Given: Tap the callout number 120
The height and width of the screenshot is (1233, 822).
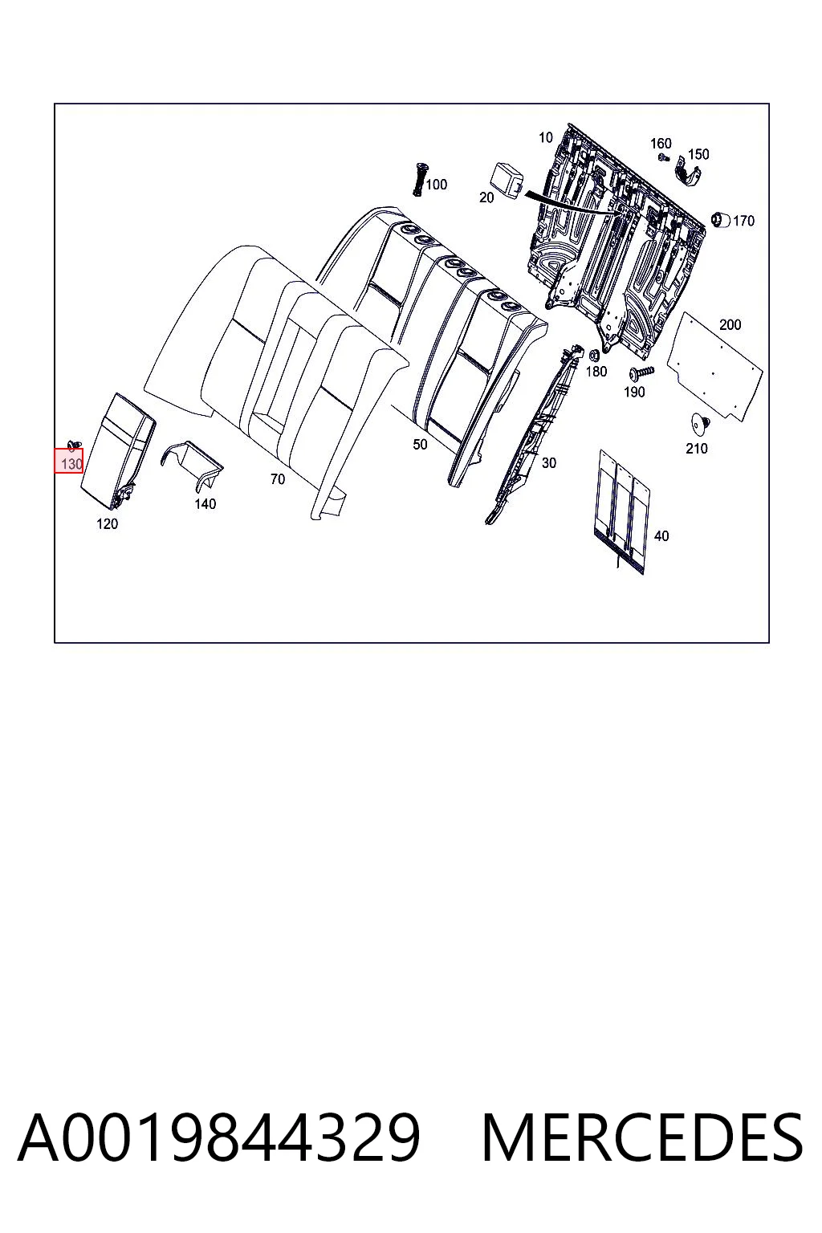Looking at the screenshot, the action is coord(107,523).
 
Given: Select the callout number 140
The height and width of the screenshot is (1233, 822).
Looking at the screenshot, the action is coord(205,503).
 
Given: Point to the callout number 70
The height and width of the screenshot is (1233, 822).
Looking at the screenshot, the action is coord(278,479).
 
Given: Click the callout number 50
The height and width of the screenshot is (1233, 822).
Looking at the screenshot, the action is coord(420,444).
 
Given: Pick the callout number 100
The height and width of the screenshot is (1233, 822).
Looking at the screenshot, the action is coord(437,185).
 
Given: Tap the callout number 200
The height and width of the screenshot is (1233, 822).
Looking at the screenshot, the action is coord(730,325).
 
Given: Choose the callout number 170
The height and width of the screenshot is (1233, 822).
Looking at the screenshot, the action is coord(744,221).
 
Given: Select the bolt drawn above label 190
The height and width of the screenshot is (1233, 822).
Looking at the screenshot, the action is coord(641,374).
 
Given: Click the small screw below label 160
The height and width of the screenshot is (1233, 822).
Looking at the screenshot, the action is coord(663,157).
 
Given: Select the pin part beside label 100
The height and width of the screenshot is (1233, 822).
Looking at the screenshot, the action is coord(420,179).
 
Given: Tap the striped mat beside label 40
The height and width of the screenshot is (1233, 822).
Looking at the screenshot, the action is coord(621,511).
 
